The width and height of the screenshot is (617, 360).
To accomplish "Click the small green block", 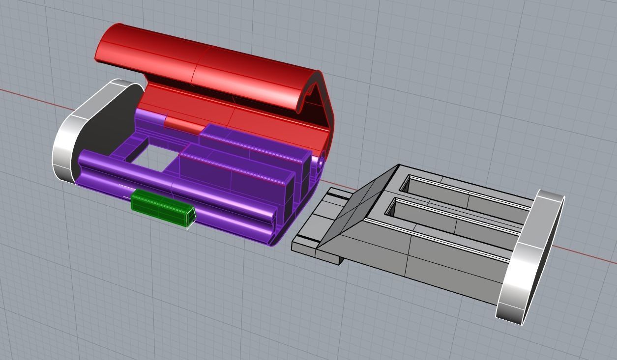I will click(x=161, y=208).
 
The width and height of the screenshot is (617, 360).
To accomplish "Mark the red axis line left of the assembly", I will click(x=29, y=96).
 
